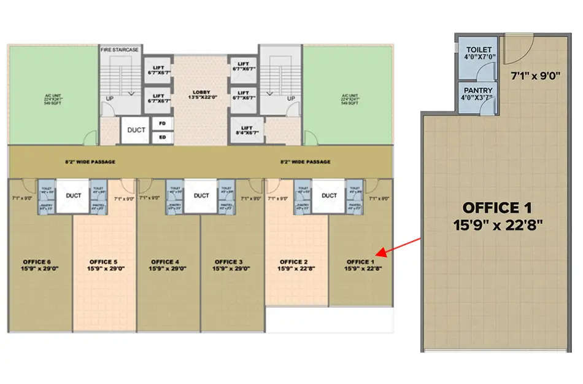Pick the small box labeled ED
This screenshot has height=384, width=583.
click(163, 136)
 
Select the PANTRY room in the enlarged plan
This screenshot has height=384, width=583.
click(478, 96)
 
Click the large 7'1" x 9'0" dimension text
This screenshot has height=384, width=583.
click(535, 76)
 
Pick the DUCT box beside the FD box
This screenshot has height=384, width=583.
click(136, 130)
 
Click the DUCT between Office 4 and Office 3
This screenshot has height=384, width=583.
click(201, 196)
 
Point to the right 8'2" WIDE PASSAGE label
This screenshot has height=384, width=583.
click(305, 162)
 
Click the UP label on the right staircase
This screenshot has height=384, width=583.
click(291, 98)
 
